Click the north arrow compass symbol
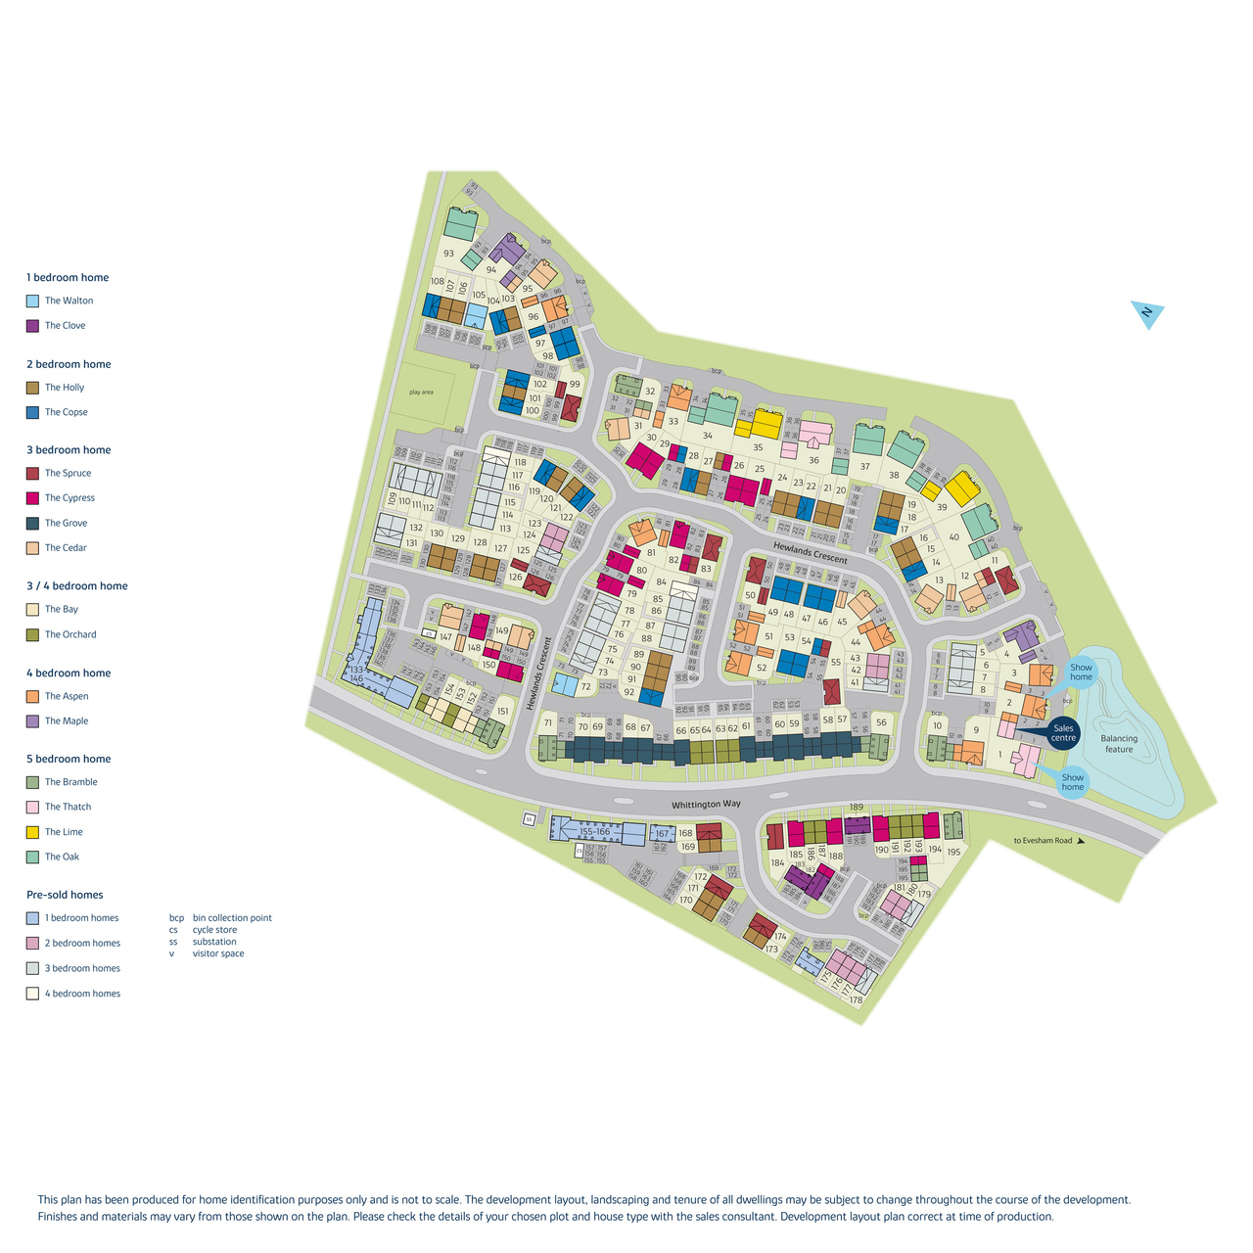click(x=1147, y=314)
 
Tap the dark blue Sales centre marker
click(x=1063, y=732)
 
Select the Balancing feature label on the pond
click(x=1119, y=744)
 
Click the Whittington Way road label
click(x=706, y=805)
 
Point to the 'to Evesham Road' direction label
click(x=1043, y=841)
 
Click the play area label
click(x=421, y=393)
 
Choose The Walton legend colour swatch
click(x=32, y=302)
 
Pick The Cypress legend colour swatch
click(x=32, y=498)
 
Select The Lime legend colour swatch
click(x=32, y=832)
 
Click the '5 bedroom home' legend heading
click(x=69, y=759)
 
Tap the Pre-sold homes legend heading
click(x=65, y=895)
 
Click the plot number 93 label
click(x=448, y=254)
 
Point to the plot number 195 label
click(x=953, y=852)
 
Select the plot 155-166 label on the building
click(x=594, y=831)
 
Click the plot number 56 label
click(x=881, y=723)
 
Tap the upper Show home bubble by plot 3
click(x=1081, y=673)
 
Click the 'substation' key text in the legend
click(x=214, y=942)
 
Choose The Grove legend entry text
click(x=66, y=523)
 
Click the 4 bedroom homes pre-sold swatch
click(x=32, y=994)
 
